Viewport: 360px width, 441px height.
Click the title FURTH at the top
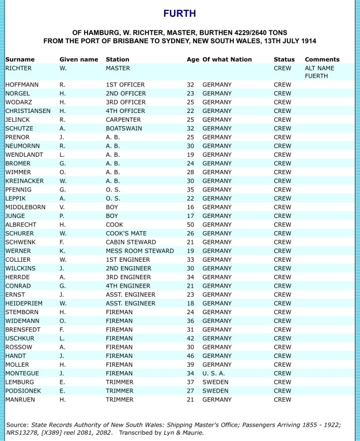[x=180, y=13]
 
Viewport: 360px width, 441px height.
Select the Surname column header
[x=20, y=59]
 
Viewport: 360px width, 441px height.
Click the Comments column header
[x=322, y=59]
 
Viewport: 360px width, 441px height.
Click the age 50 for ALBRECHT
[x=191, y=225]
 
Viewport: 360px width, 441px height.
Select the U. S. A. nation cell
[x=216, y=373]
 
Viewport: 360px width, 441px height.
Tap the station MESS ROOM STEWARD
[x=140, y=251]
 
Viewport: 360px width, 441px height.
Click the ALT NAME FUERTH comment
[x=320, y=72]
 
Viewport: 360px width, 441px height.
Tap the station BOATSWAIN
[x=125, y=129]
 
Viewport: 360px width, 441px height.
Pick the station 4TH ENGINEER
[x=128, y=286]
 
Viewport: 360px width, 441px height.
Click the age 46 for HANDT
[x=191, y=356]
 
